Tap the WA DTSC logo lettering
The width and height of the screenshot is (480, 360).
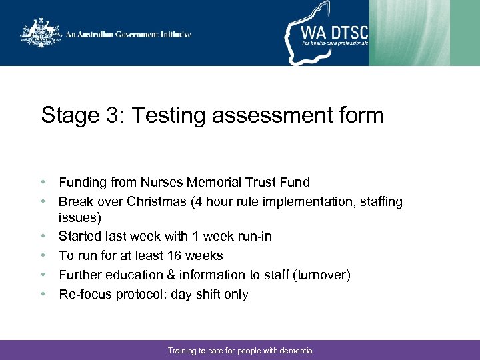coord(333,31)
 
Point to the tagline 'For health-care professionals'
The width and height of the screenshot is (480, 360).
coord(334,43)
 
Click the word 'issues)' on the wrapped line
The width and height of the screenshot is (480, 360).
coord(79,218)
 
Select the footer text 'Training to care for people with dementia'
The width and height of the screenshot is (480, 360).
coord(240,350)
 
